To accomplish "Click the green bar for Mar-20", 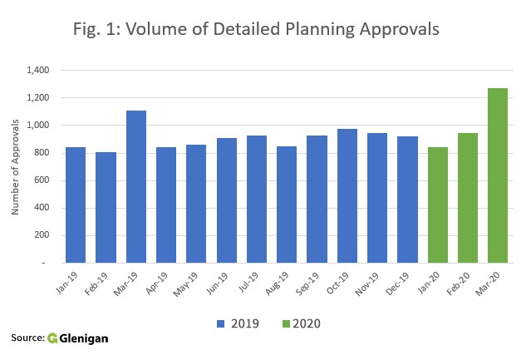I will point(498,175).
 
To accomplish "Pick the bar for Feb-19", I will point(106,207).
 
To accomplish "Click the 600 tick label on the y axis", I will point(42,180).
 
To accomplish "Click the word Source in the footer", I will point(27,338).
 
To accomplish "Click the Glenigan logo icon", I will point(52,338).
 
